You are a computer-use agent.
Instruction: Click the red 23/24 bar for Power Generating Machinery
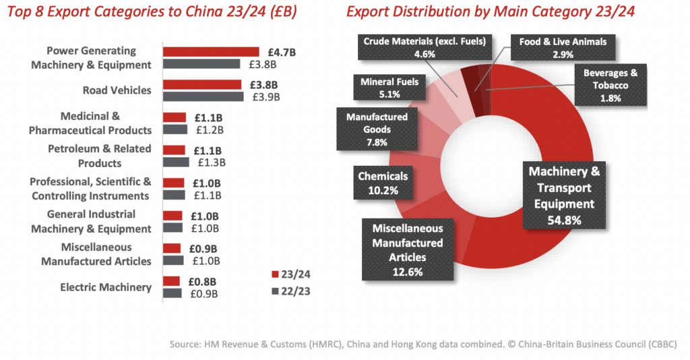(x=210, y=52)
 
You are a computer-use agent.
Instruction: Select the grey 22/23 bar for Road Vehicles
(x=203, y=96)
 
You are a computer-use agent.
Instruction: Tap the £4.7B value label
(x=277, y=51)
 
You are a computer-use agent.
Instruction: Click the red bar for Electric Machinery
(x=171, y=281)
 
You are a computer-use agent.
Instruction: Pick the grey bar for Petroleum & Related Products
(x=175, y=162)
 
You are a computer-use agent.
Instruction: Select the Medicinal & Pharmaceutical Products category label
(x=90, y=123)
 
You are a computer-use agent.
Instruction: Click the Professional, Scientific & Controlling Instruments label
(x=90, y=189)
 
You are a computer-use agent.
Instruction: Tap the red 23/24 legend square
(x=274, y=274)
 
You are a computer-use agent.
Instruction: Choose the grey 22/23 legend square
(x=274, y=291)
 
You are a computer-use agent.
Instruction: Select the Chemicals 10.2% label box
(x=383, y=183)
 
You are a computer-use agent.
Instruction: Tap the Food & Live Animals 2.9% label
(x=562, y=48)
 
